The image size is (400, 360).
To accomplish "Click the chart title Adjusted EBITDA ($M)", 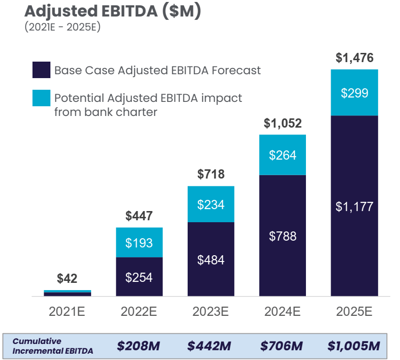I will point(112,12).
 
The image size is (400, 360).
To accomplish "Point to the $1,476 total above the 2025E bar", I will point(354,58).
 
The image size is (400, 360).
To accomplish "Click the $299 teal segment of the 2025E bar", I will point(354,93).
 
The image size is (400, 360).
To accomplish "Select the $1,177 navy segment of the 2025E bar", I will point(354,207).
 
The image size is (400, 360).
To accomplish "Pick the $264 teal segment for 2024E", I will point(283,155).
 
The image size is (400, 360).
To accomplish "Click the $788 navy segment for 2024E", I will point(283,236).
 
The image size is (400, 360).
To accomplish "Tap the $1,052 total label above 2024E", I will point(283,124).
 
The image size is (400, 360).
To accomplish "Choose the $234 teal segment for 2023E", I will point(211,204).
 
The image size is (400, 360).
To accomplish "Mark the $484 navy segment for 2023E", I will point(211,260).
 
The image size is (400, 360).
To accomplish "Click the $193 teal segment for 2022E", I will point(139,243).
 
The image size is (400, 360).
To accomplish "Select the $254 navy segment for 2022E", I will point(139,278).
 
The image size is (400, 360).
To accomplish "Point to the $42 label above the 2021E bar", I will point(67,278).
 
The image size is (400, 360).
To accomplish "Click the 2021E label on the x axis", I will point(67,311).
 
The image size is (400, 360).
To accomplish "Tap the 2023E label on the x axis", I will point(211,311).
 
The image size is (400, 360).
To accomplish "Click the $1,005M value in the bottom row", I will point(353,346).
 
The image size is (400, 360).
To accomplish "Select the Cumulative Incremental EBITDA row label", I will point(53,346).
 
